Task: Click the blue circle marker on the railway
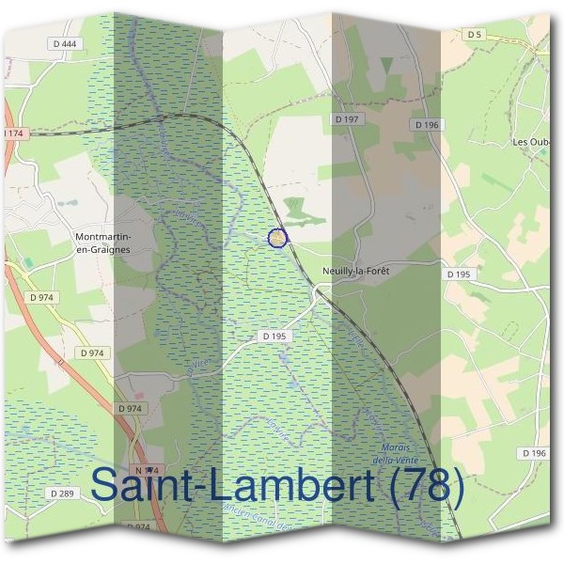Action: point(277,239)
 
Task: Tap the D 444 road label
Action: point(64,44)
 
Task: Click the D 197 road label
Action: point(348,119)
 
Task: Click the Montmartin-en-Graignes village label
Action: point(102,242)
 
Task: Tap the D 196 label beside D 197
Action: point(426,124)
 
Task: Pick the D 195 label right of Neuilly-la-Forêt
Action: point(458,274)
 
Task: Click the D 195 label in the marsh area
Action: point(274,336)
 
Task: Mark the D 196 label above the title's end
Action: point(534,453)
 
